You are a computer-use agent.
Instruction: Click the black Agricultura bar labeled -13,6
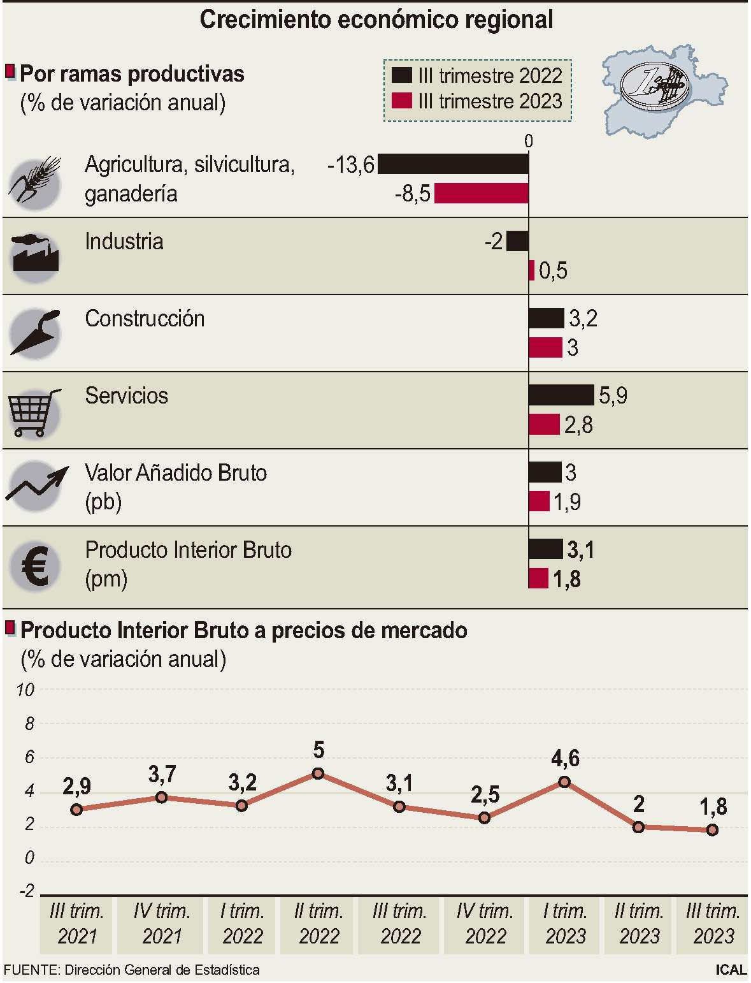pyautogui.click(x=453, y=164)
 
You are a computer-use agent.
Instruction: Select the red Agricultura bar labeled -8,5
pyautogui.click(x=481, y=194)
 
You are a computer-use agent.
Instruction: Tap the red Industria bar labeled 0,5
pyautogui.click(x=531, y=270)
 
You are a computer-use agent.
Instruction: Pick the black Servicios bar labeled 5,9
pyautogui.click(x=561, y=395)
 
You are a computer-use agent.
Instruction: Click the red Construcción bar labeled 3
pyautogui.click(x=545, y=348)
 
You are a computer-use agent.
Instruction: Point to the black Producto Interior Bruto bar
pyautogui.click(x=545, y=549)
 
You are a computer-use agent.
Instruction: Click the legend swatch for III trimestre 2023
pyautogui.click(x=402, y=101)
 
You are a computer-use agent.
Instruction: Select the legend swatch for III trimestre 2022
pyautogui.click(x=402, y=75)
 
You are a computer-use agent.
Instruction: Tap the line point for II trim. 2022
pyautogui.click(x=318, y=773)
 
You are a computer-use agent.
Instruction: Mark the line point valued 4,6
pyautogui.click(x=564, y=782)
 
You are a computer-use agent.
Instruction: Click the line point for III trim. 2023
pyautogui.click(x=712, y=829)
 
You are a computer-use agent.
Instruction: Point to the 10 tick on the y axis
pyautogui.click(x=25, y=690)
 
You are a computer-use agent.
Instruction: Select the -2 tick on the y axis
pyautogui.click(x=26, y=891)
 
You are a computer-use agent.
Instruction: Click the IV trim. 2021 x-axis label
pyautogui.click(x=162, y=924)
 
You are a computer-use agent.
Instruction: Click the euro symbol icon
pyautogui.click(x=35, y=566)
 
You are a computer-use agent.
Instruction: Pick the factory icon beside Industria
pyautogui.click(x=35, y=255)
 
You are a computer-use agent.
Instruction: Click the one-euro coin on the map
pyautogui.click(x=652, y=87)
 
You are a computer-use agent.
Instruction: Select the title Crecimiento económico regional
pyautogui.click(x=376, y=20)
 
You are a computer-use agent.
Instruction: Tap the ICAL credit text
pyautogui.click(x=730, y=970)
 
